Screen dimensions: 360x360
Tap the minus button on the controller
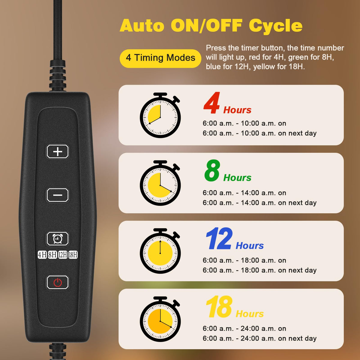[58, 195]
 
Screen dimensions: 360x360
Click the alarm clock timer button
[58, 238]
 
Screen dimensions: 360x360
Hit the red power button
[58, 282]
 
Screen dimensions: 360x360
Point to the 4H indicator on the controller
[42, 255]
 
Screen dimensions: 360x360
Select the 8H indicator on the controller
[52, 255]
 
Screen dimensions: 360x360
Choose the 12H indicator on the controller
[63, 255]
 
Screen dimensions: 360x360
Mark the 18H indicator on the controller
[73, 255]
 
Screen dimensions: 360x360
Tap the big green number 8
[212, 170]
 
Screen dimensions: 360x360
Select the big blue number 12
[219, 238]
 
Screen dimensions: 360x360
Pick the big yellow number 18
[219, 306]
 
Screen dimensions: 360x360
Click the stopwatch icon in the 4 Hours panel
[160, 115]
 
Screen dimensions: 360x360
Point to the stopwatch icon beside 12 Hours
[160, 251]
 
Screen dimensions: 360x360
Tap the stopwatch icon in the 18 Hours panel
[160, 319]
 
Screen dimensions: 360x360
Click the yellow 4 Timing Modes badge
[160, 58]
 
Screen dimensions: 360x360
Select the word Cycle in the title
[276, 26]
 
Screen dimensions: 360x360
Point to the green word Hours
[237, 178]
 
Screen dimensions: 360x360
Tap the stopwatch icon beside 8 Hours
[160, 183]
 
